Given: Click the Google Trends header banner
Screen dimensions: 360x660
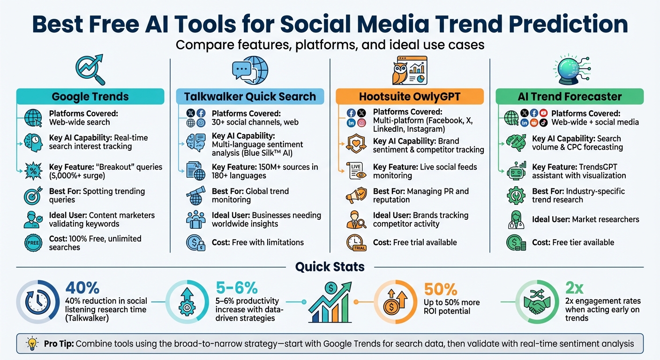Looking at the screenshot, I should tap(90, 97).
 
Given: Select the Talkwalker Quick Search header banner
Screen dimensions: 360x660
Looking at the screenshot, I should tap(250, 97).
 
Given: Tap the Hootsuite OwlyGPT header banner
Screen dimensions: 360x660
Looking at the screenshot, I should tap(409, 97).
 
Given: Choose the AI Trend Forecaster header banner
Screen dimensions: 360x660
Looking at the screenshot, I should tap(570, 97).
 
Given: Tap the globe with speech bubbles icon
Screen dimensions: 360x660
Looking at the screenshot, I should tap(250, 70).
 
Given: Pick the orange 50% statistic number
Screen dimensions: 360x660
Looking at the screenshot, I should tap(440, 289).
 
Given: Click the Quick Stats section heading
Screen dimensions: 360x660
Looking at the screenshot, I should tap(330, 267).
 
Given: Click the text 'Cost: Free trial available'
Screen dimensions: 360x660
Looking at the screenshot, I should tap(414, 242).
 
